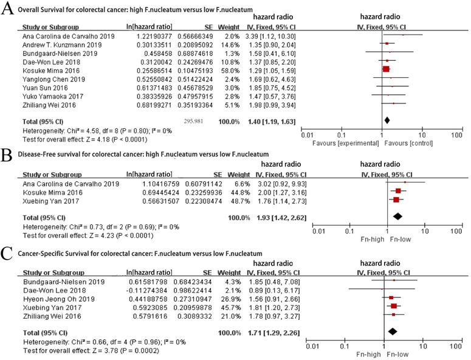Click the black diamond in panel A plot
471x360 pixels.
387,121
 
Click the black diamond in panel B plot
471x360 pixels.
398,216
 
